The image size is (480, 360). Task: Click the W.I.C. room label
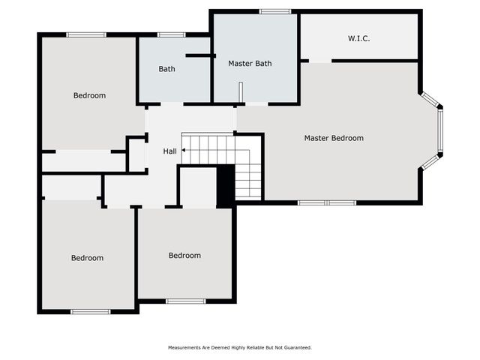(358, 38)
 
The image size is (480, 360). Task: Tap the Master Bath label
(249, 64)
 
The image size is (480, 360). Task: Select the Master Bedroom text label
(334, 138)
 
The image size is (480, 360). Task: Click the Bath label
(166, 69)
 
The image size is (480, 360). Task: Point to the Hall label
(170, 151)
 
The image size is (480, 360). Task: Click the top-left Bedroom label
(89, 95)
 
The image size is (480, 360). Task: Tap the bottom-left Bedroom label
(87, 258)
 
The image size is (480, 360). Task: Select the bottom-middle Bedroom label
(184, 256)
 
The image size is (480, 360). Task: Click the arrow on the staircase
(184, 151)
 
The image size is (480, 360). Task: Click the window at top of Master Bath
(275, 11)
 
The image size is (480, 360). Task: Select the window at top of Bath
(172, 34)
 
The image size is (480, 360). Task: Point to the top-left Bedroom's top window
(86, 34)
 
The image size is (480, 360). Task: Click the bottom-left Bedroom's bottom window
(91, 310)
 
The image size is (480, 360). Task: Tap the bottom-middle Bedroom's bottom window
(185, 301)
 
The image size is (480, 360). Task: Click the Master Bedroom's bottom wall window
(327, 202)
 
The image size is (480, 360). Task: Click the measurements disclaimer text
(239, 347)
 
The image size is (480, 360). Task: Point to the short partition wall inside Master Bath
(240, 91)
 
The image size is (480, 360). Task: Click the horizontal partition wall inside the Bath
(200, 55)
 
